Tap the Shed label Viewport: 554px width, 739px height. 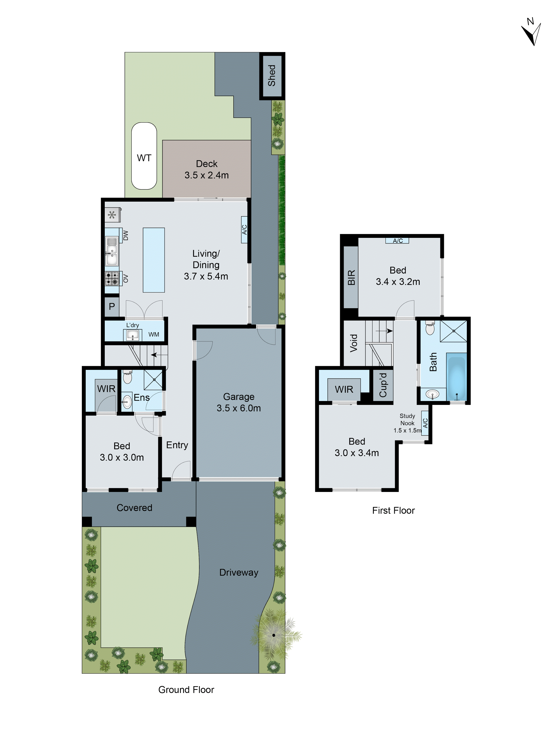272,76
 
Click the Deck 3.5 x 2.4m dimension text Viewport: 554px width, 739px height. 206,175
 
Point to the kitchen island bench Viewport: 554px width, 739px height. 154,260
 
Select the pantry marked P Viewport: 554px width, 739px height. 112,306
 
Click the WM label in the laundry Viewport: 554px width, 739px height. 154,334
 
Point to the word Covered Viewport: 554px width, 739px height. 134,508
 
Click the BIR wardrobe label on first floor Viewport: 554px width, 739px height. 351,277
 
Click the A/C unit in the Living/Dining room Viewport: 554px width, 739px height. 244,230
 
